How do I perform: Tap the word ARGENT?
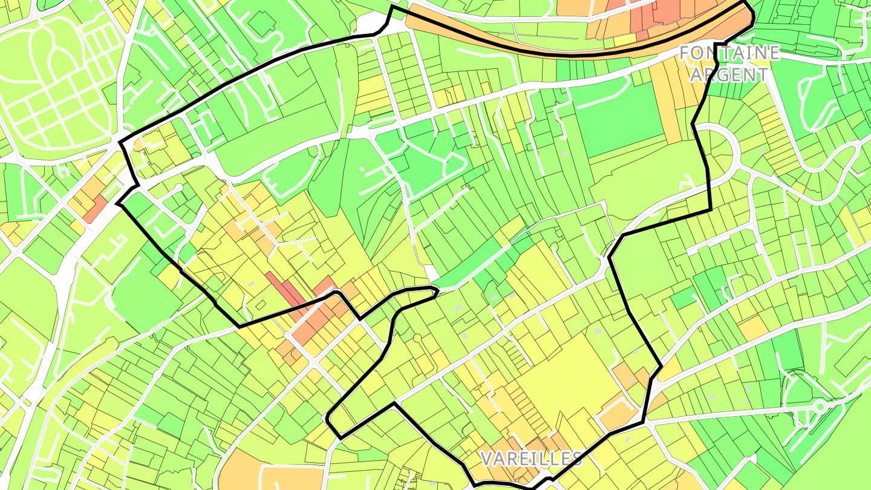click(x=729, y=75)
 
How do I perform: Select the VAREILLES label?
click(x=531, y=458)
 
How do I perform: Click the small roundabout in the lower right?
click(x=820, y=407)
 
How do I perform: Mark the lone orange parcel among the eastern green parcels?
click(x=752, y=327)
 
